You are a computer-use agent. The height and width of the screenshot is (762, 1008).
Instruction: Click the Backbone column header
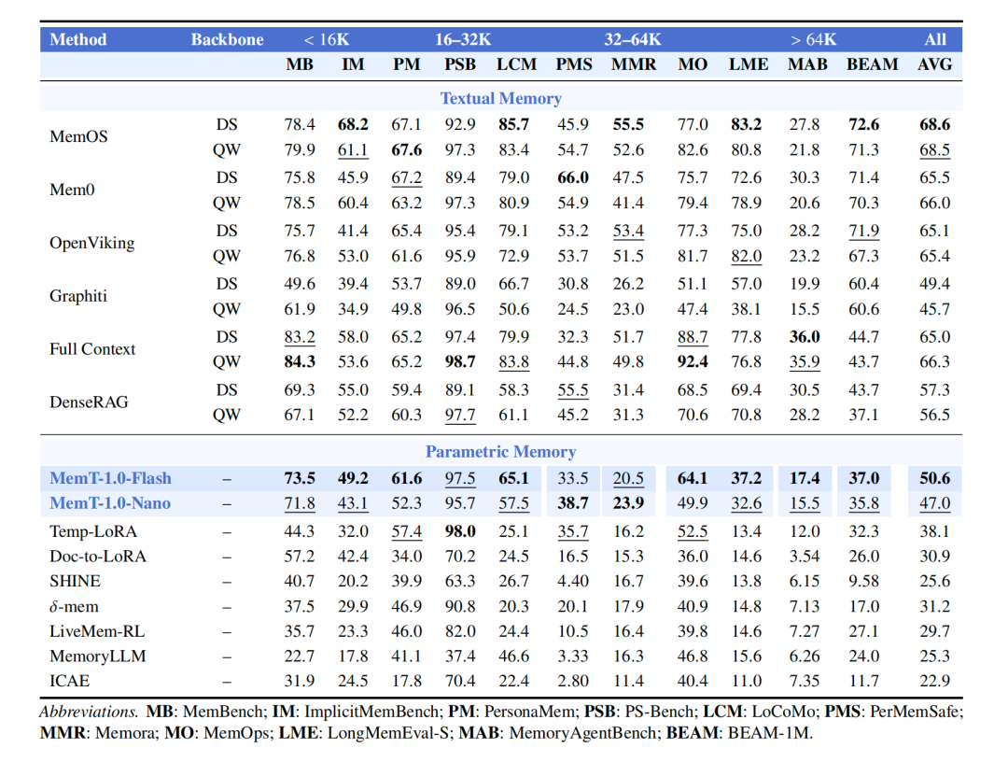pyautogui.click(x=227, y=40)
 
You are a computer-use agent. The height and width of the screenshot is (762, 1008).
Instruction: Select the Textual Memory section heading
pyautogui.click(x=501, y=98)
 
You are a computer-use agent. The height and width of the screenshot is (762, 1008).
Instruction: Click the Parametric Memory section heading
pyautogui.click(x=501, y=451)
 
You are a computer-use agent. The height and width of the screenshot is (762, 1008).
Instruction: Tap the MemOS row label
pyautogui.click(x=78, y=136)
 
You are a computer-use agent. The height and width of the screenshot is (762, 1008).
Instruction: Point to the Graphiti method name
pyautogui.click(x=78, y=296)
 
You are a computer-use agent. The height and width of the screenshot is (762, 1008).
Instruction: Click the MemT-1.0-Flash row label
pyautogui.click(x=110, y=478)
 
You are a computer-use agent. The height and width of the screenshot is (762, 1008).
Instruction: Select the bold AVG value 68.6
pyautogui.click(x=934, y=124)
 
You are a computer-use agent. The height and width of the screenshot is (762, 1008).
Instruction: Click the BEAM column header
pyautogui.click(x=873, y=64)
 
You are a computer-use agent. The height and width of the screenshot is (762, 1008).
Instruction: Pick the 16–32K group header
pyautogui.click(x=463, y=40)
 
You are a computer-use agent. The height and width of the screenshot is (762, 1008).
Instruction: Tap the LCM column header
pyautogui.click(x=516, y=64)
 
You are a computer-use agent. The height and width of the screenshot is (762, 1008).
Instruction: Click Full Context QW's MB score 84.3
pyautogui.click(x=300, y=362)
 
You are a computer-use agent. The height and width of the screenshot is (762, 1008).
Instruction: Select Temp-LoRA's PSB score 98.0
pyautogui.click(x=460, y=531)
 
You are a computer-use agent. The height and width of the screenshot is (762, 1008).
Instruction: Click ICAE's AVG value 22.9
pyautogui.click(x=934, y=681)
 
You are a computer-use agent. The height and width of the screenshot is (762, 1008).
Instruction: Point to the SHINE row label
pyautogui.click(x=76, y=582)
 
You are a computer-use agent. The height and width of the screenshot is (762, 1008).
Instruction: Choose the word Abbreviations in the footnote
pyautogui.click(x=89, y=712)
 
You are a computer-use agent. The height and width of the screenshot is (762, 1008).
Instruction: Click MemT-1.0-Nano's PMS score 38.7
pyautogui.click(x=573, y=502)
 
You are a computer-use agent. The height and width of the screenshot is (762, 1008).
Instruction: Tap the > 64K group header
pyautogui.click(x=813, y=40)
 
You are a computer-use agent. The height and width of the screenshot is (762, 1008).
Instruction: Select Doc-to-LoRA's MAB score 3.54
pyautogui.click(x=805, y=557)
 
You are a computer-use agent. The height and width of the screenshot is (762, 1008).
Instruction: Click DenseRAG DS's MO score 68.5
pyautogui.click(x=693, y=390)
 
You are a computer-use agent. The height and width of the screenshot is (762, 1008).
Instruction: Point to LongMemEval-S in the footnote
pyautogui.click(x=387, y=733)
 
